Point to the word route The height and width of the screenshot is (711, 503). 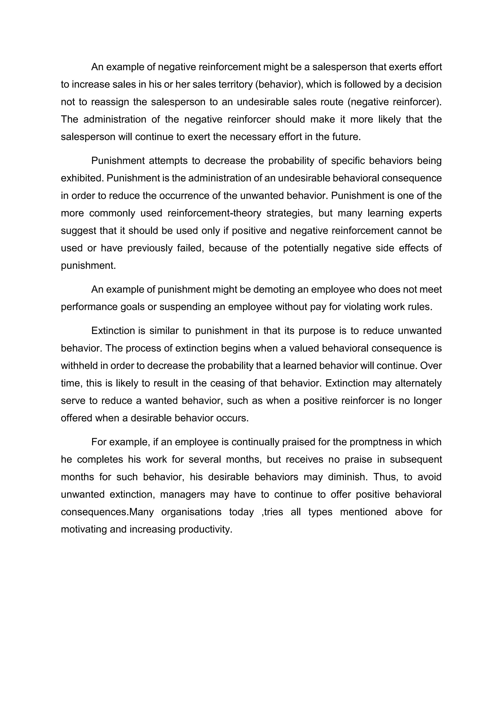(331, 102)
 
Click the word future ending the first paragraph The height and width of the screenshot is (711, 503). (346, 137)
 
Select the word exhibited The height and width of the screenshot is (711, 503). (82, 178)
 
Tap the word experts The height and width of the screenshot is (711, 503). (425, 213)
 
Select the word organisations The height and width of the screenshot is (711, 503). (191, 512)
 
